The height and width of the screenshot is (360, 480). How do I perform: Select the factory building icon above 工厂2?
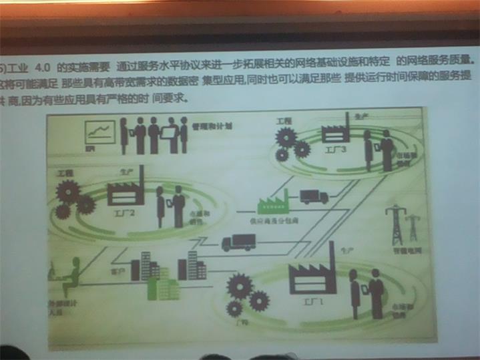tap(126, 191)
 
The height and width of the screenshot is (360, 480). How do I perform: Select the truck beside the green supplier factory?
tap(314, 196)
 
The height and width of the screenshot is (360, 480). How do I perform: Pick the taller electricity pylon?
tap(397, 224)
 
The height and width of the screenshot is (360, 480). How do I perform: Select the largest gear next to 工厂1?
tap(239, 286)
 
